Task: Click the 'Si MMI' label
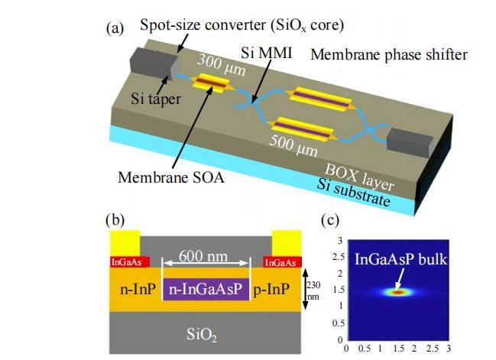click(x=267, y=53)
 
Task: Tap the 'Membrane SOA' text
click(x=171, y=177)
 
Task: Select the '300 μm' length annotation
click(x=221, y=65)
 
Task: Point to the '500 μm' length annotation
click(x=293, y=145)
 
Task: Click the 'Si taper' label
click(x=156, y=99)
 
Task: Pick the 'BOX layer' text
click(x=360, y=177)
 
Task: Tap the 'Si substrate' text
click(x=353, y=192)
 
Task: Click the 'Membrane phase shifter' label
click(x=389, y=55)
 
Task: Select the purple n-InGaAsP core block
click(x=206, y=289)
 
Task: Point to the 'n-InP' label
click(x=138, y=289)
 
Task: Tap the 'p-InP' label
click(x=271, y=289)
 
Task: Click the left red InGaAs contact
click(x=129, y=262)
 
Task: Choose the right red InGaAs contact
click(x=282, y=262)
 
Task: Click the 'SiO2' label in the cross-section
click(x=202, y=334)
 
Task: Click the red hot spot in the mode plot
click(x=398, y=292)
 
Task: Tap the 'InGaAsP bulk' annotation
click(x=401, y=259)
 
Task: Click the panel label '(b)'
click(x=115, y=220)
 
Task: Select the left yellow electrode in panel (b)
click(x=125, y=244)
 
